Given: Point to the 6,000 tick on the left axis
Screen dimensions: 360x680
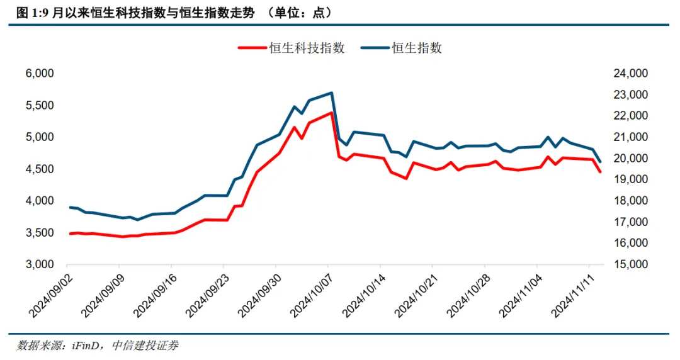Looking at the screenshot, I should (40, 74).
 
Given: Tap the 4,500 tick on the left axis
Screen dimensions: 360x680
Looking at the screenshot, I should (40, 169).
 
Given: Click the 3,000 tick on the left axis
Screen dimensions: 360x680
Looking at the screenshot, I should (40, 265).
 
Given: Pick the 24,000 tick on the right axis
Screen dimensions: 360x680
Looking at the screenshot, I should (630, 74).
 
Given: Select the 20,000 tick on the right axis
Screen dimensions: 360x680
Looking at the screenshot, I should (630, 159).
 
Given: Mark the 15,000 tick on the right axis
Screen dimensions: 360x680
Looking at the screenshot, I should (630, 265).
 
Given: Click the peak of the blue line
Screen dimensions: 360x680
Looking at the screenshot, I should (332, 93).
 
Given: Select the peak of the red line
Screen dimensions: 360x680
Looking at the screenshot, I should (332, 113).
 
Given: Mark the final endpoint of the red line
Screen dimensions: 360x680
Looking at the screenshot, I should (600, 172).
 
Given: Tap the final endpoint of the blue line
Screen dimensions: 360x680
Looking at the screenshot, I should (600, 162).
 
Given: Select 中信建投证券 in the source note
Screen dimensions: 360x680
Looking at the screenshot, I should (144, 346).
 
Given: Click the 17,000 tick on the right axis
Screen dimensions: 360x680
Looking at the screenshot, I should (630, 222).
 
